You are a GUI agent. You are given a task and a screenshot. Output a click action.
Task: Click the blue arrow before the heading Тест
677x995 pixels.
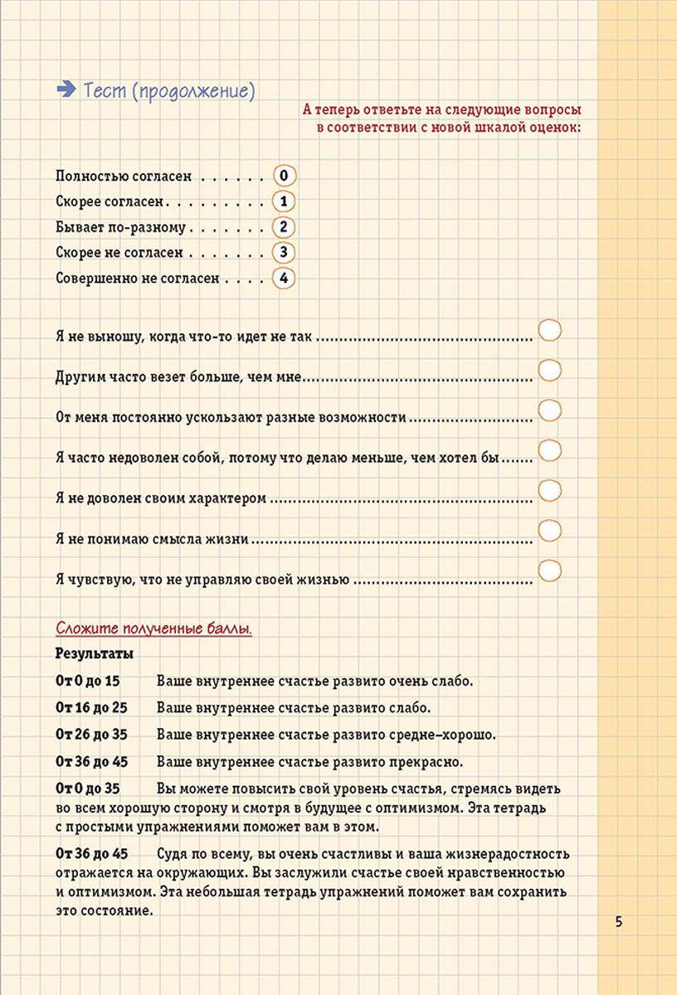click(65, 90)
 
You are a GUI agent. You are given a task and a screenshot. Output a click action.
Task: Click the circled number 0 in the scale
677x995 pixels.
click(284, 176)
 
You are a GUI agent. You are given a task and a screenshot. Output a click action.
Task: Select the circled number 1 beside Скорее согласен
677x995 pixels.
click(284, 201)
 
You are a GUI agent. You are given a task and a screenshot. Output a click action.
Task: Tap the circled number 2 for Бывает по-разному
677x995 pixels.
click(284, 227)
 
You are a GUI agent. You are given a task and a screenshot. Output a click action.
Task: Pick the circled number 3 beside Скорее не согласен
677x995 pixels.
click(284, 252)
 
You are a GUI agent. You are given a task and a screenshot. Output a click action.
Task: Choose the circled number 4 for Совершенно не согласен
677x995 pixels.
click(284, 278)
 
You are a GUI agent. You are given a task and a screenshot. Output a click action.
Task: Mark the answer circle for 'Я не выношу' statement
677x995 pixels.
click(550, 329)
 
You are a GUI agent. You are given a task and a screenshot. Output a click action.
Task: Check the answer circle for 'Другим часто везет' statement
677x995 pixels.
click(550, 369)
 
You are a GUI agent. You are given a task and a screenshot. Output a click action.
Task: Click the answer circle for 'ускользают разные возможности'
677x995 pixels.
click(550, 410)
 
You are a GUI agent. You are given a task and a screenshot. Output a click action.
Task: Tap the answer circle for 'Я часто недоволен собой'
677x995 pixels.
click(550, 450)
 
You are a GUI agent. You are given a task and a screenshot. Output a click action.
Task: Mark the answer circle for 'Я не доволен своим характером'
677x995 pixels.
click(550, 490)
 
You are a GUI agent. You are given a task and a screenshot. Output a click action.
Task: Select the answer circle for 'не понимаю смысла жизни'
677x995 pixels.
click(550, 531)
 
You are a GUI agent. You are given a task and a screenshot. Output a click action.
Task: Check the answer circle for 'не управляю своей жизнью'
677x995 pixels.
click(550, 571)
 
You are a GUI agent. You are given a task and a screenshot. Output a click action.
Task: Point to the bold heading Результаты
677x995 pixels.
click(95, 653)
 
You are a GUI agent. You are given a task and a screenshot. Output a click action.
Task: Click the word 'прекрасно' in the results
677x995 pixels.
click(426, 761)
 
